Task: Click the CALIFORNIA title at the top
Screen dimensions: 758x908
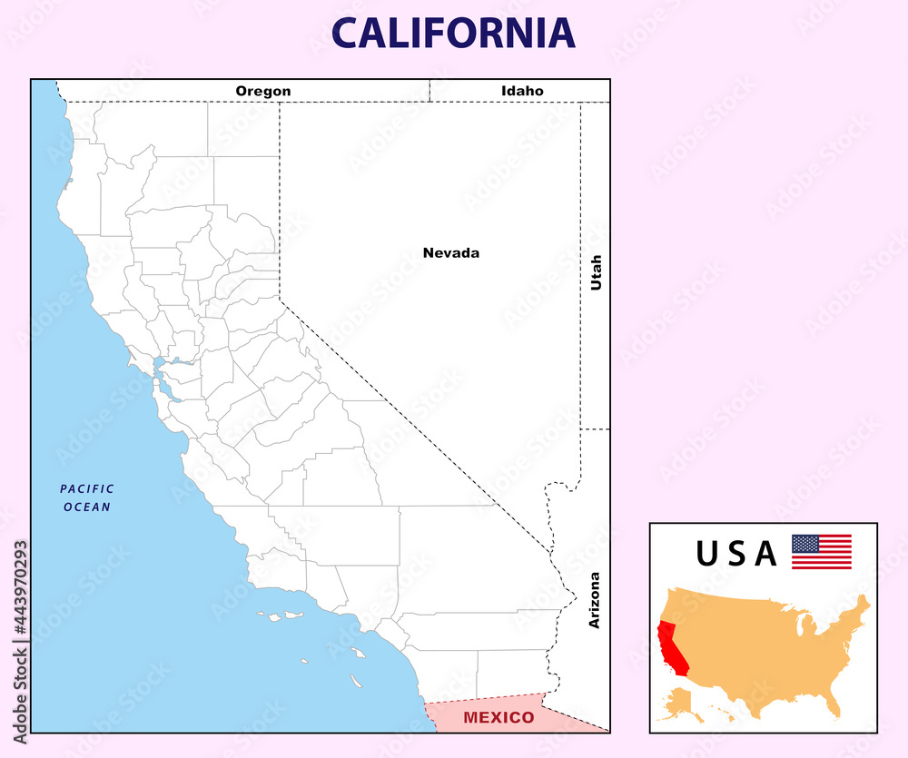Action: (x=453, y=33)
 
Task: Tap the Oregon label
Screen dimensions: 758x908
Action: (x=263, y=91)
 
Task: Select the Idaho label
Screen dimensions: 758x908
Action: (x=522, y=91)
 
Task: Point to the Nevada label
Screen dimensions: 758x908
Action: (x=451, y=253)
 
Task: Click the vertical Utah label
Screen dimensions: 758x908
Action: (x=597, y=272)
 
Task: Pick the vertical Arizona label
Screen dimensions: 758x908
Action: (x=595, y=600)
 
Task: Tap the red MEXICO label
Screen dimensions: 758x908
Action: (x=498, y=718)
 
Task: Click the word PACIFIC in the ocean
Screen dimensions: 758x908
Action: (x=87, y=489)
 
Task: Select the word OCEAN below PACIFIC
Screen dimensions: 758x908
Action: (x=87, y=507)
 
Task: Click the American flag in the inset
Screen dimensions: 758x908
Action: (x=821, y=552)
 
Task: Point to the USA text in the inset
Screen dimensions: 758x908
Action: (x=736, y=554)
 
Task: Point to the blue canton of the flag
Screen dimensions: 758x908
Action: (x=804, y=543)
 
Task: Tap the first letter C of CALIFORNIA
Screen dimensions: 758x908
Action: (x=345, y=33)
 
